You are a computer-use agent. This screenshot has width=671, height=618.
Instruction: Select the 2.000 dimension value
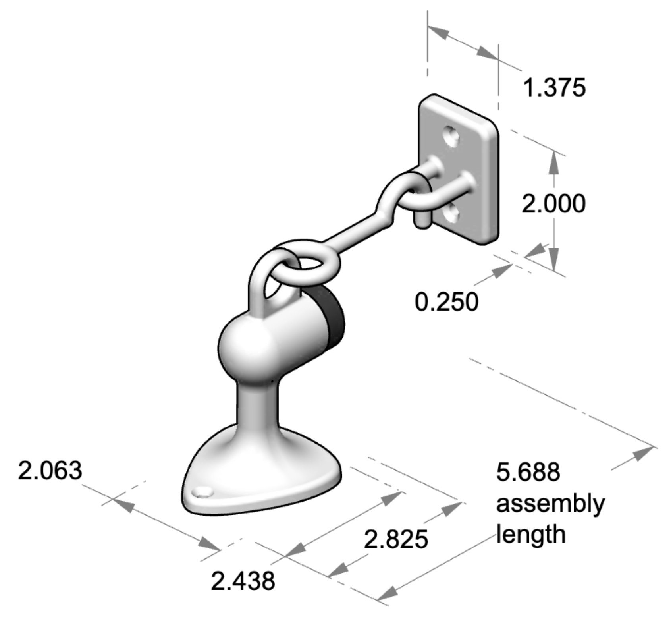click(553, 204)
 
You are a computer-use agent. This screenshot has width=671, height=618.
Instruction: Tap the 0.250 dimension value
click(446, 302)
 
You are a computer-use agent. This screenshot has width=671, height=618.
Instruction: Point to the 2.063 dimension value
click(50, 471)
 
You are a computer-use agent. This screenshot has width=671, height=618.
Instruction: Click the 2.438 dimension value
click(243, 581)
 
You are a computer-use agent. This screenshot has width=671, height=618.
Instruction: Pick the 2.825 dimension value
click(396, 539)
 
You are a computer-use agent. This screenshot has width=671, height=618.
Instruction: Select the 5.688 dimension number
click(528, 472)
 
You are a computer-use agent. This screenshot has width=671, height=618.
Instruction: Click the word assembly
click(550, 504)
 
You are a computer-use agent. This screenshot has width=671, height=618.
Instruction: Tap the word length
click(531, 534)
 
